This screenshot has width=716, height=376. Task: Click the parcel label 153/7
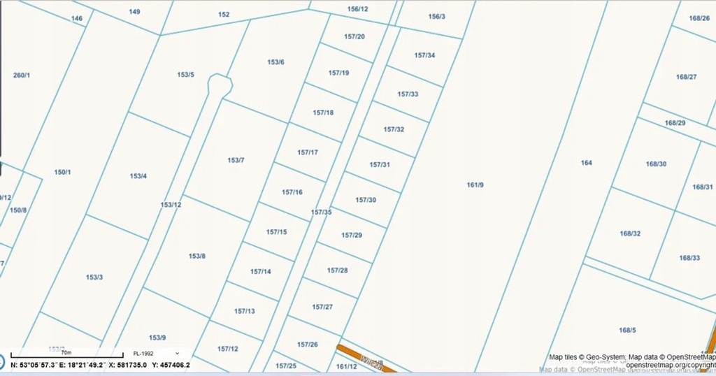(x=236, y=161)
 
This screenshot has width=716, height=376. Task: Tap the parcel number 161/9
(x=475, y=185)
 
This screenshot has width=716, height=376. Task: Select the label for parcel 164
(x=586, y=163)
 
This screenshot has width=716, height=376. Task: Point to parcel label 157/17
(x=308, y=152)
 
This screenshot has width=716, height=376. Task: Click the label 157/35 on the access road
(x=321, y=212)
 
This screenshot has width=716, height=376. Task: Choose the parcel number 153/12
(x=171, y=205)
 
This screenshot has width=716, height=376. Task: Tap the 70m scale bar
(x=66, y=354)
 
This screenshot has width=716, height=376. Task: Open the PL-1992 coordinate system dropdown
(x=157, y=354)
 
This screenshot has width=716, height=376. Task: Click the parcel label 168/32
(x=630, y=233)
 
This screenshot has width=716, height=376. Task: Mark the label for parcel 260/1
(x=22, y=75)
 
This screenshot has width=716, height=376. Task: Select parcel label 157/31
(x=379, y=165)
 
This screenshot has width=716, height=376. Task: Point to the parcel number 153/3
(x=94, y=277)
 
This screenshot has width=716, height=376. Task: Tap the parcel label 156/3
(x=436, y=16)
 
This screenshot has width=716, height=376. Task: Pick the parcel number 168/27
(x=686, y=77)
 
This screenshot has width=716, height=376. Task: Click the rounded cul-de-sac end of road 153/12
(x=220, y=85)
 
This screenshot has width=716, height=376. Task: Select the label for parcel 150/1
(x=63, y=172)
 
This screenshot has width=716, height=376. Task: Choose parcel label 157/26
(x=307, y=345)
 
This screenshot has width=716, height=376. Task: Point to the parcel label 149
(x=134, y=12)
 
